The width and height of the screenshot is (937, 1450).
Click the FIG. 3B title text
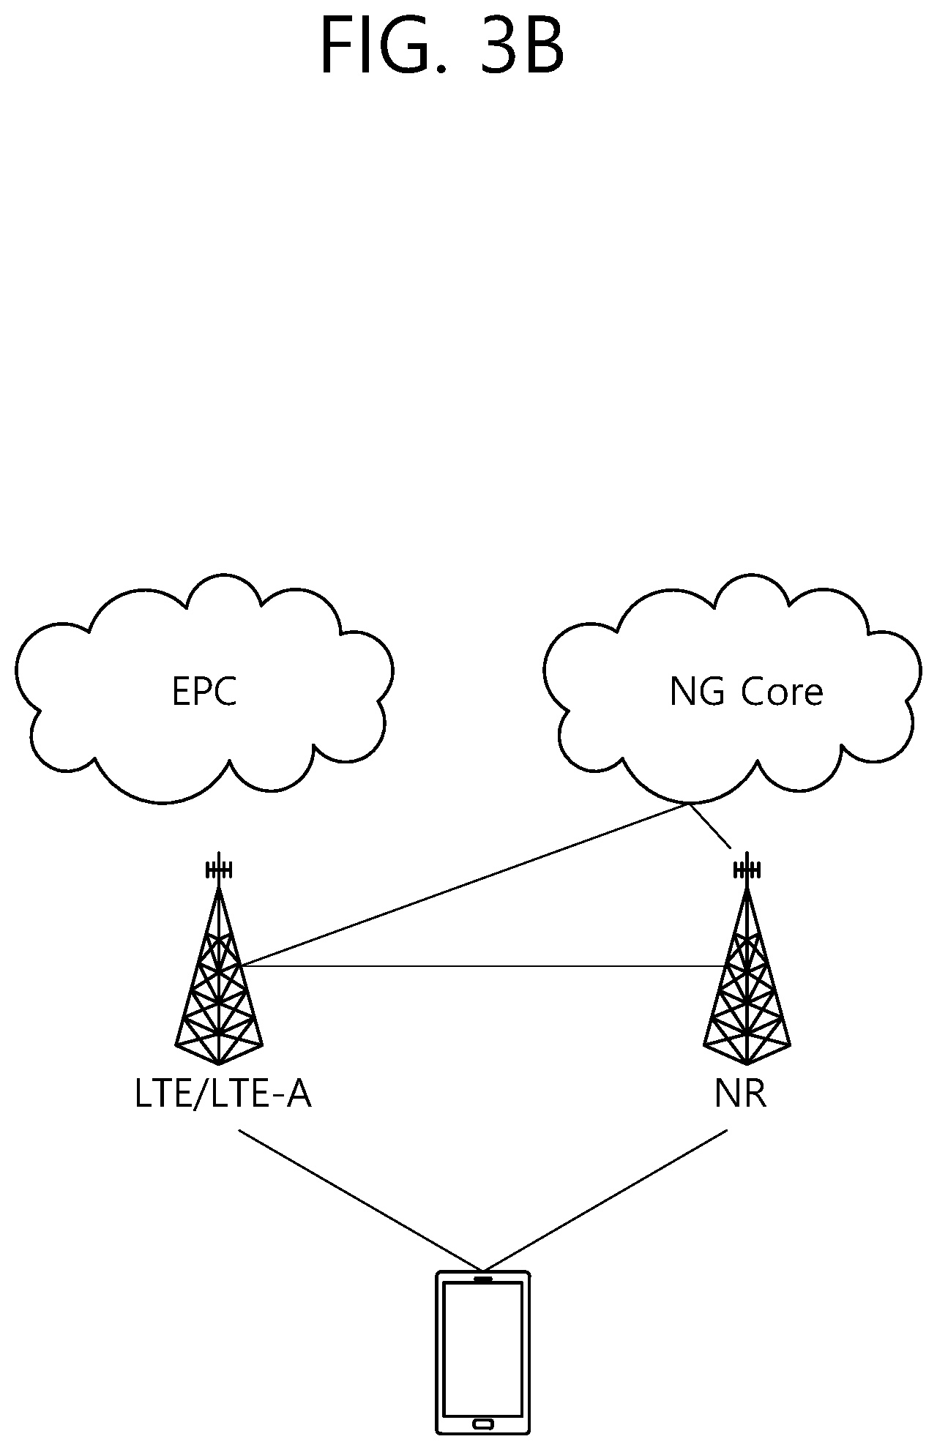(x=442, y=48)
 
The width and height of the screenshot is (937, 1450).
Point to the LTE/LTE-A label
(x=223, y=1096)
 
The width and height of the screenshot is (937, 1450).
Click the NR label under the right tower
(x=740, y=1096)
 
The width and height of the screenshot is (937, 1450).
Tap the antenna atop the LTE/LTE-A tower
(x=219, y=869)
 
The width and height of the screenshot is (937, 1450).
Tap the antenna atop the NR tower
(x=747, y=869)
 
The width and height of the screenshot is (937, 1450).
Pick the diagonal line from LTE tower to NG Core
(x=464, y=885)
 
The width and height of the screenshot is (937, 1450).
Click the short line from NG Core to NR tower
(x=710, y=826)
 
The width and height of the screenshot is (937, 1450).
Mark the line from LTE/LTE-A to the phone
(x=361, y=1200)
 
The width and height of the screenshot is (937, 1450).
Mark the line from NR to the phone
(x=605, y=1200)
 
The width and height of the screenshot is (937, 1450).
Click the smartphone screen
(x=483, y=1348)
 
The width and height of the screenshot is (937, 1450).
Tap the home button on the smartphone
(x=483, y=1424)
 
